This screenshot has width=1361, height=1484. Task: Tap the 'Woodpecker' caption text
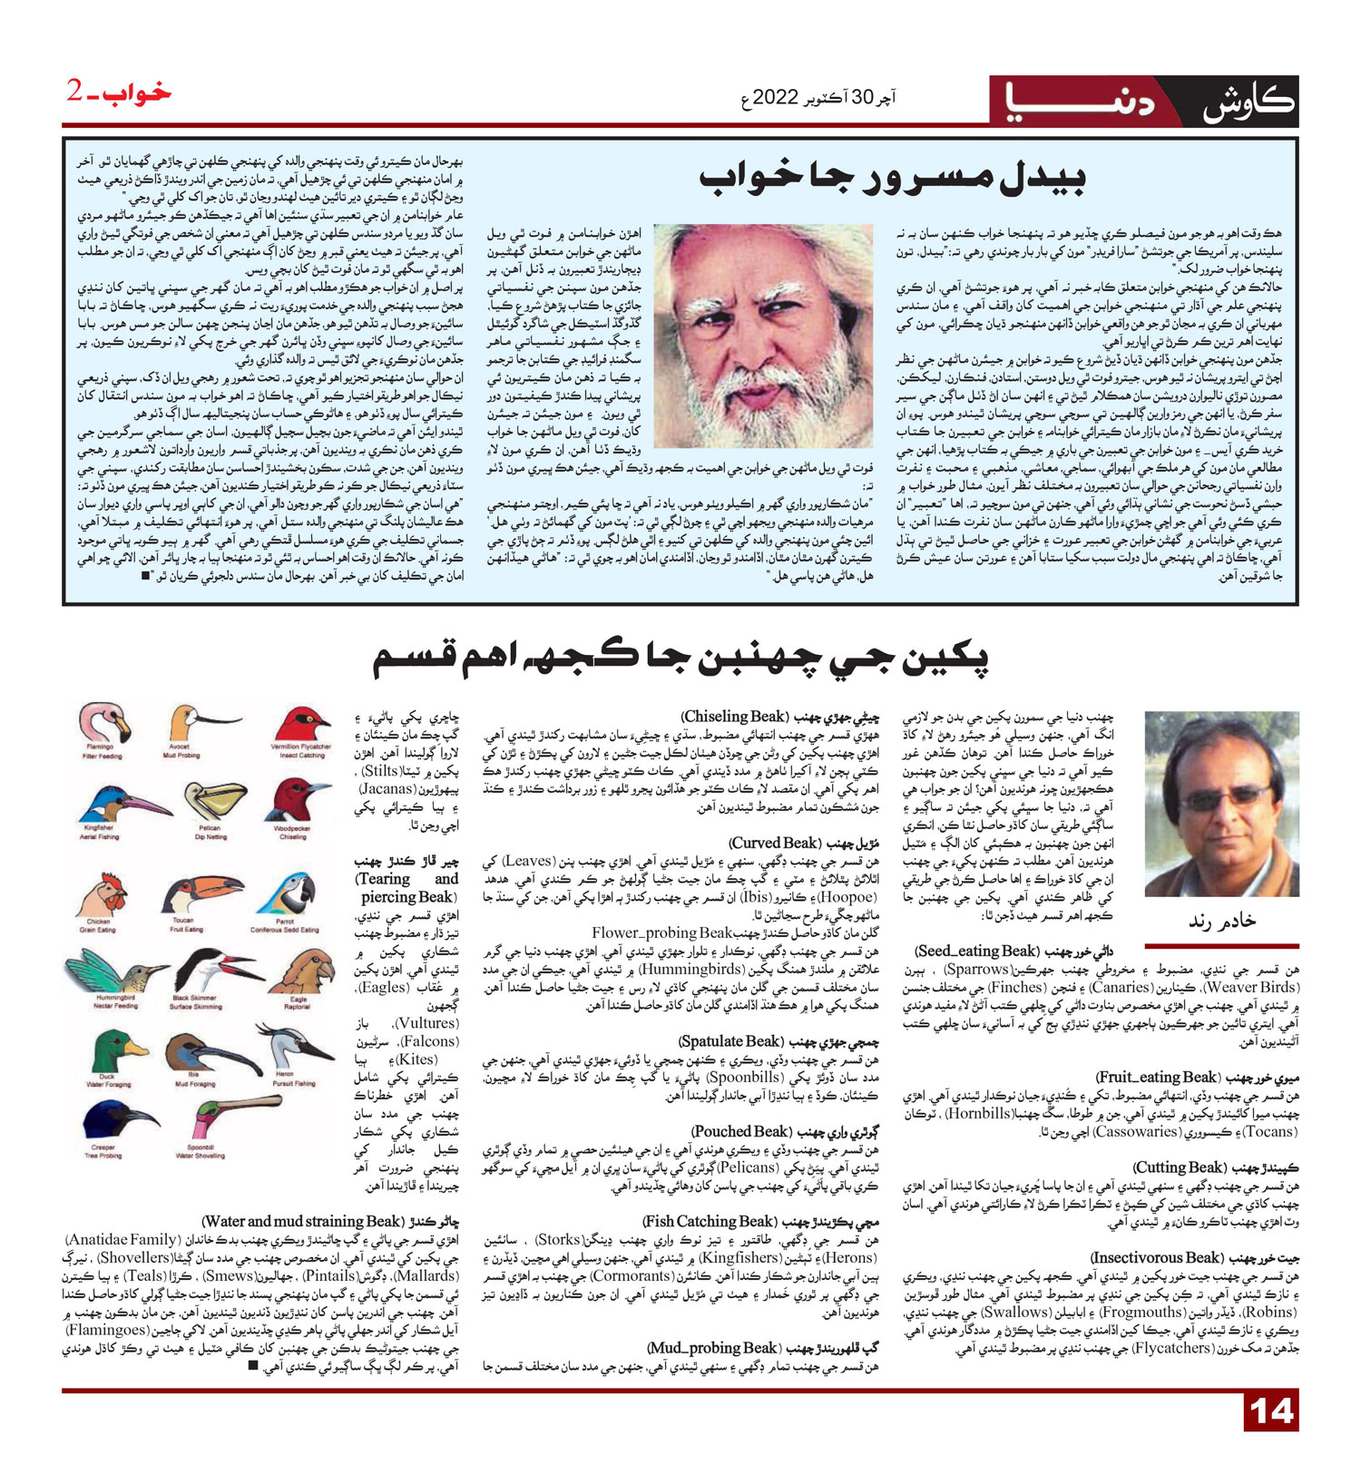coord(291,828)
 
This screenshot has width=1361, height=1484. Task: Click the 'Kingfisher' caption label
coord(98,828)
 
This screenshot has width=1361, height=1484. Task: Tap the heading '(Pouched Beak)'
coord(742,1131)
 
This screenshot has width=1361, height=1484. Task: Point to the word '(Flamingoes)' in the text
coord(108,1330)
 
